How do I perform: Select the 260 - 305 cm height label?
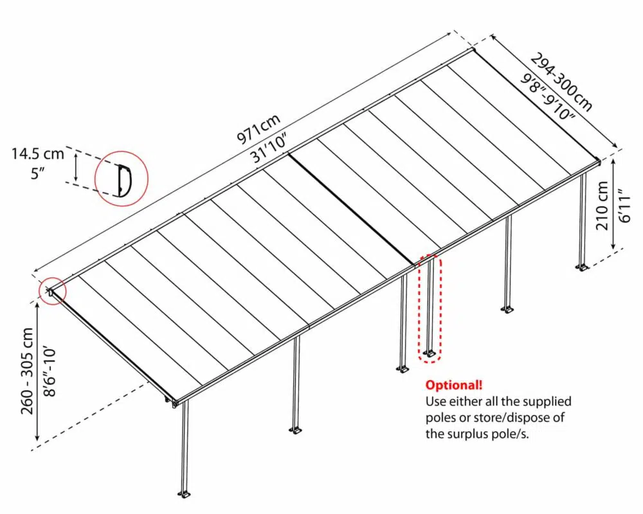(x=28, y=371)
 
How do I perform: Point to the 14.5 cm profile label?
(x=37, y=154)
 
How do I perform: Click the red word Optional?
(x=454, y=385)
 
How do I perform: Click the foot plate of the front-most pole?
(x=184, y=494)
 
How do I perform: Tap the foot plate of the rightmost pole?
(x=583, y=267)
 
